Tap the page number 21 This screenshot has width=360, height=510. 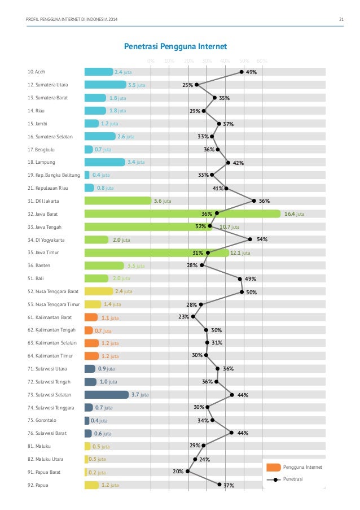click(341, 21)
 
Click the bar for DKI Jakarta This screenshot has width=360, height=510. click(117, 201)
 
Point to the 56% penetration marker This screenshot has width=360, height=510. click(254, 200)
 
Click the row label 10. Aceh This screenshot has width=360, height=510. click(38, 72)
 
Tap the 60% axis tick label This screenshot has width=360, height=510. click(261, 61)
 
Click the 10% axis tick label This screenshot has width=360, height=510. click(169, 61)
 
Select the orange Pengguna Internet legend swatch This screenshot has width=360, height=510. click(273, 467)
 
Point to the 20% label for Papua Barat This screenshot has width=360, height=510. click(177, 471)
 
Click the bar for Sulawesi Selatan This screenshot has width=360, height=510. click(107, 395)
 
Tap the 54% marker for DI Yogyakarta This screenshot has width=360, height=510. click(250, 239)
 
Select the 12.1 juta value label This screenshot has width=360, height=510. click(240, 253)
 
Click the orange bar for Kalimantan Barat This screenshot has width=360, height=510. click(91, 317)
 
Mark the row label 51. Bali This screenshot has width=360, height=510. click(37, 278)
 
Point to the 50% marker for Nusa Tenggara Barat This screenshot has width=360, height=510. click(242, 292)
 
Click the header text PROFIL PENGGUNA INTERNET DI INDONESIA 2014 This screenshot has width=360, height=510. click(73, 21)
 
